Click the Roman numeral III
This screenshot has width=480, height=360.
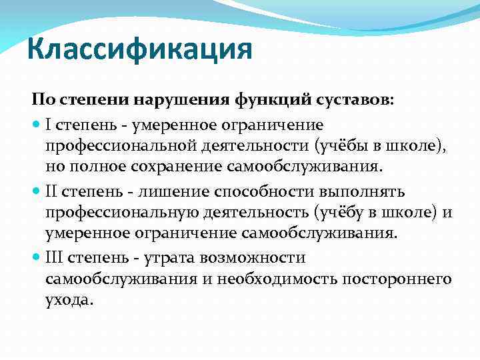coord(55,257)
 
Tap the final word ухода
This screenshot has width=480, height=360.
coord(67,300)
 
